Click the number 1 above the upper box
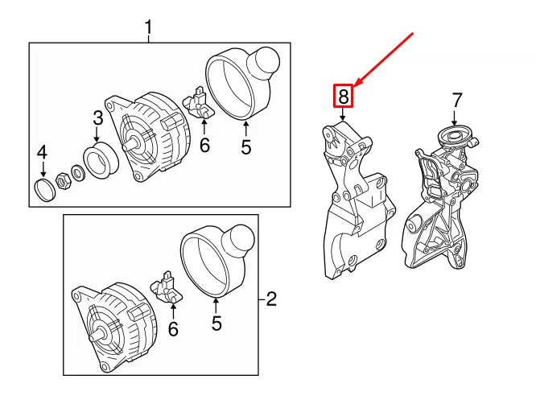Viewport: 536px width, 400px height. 148,29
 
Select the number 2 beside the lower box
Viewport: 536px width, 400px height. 271,300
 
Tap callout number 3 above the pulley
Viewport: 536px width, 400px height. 97,118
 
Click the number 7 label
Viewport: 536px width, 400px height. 456,101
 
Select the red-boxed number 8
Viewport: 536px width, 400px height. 344,97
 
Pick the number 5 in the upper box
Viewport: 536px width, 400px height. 246,147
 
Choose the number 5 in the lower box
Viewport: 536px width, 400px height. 216,324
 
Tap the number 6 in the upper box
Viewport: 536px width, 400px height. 204,145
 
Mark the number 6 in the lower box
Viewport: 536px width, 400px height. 172,328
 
